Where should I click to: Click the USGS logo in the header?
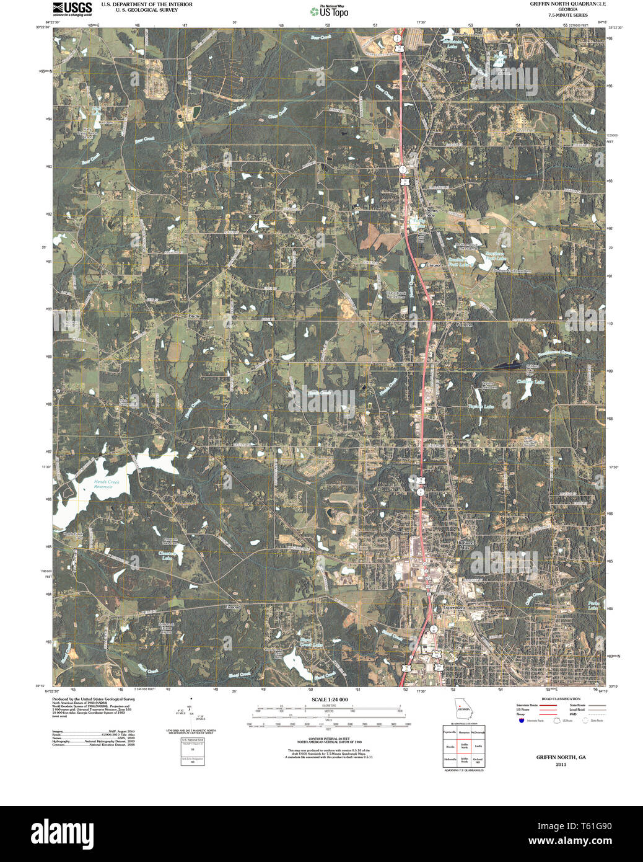[x=72, y=9]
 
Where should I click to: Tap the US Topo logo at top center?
[x=329, y=11]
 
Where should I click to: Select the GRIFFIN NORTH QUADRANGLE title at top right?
[x=567, y=4]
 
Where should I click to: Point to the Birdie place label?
[x=195, y=316]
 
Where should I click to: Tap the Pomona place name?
[x=463, y=324]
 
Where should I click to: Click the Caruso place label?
[x=433, y=265]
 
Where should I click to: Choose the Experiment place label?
[x=453, y=608]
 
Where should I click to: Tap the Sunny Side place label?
[x=432, y=212]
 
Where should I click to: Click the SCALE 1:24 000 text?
[x=330, y=700]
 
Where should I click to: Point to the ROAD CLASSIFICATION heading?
[x=561, y=699]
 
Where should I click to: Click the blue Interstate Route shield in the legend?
[x=522, y=721]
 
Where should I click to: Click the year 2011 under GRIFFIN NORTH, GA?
[x=561, y=765]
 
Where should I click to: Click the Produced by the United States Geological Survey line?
[x=93, y=699]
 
